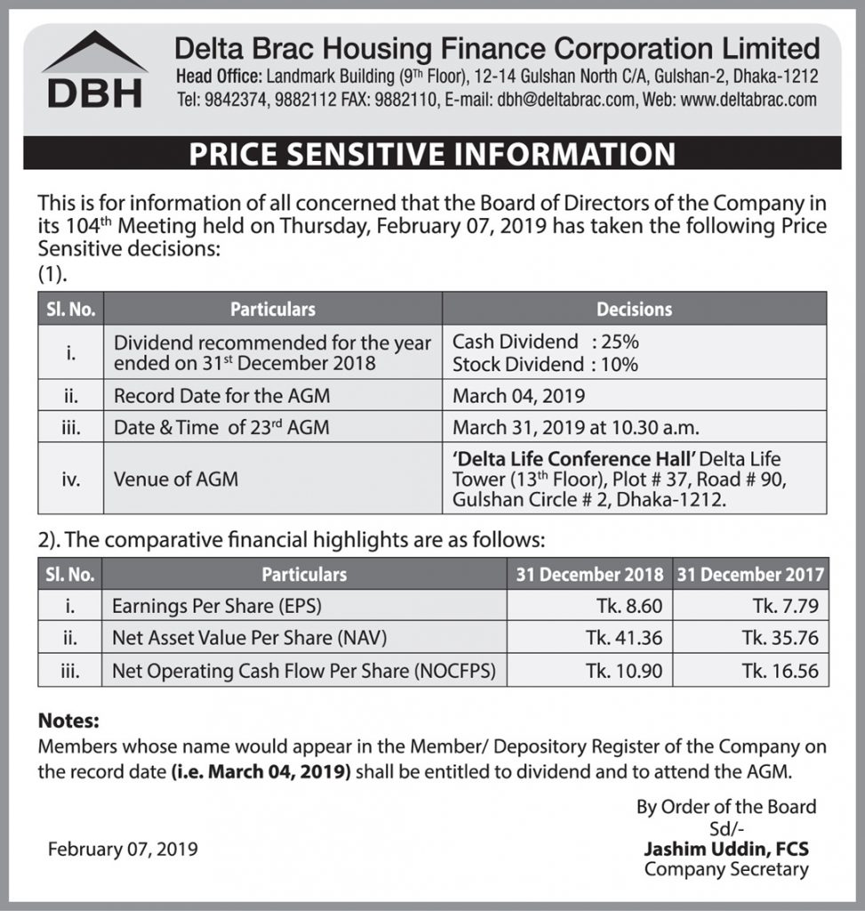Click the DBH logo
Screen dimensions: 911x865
pos(94,72)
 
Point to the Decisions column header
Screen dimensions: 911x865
pos(634,310)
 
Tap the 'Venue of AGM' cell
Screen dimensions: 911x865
pos(176,480)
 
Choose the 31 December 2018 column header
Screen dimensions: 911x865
pos(589,575)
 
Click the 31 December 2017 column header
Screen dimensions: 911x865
pos(750,575)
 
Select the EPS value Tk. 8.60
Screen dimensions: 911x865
pos(629,607)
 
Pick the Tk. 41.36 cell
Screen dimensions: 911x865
pos(625,638)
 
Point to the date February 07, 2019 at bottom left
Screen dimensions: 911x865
pos(123,849)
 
